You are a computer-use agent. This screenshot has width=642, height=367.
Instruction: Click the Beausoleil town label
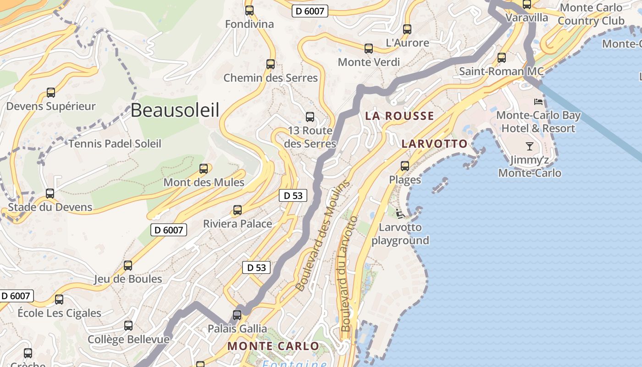pyautogui.click(x=175, y=110)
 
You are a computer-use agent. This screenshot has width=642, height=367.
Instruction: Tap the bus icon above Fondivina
pyautogui.click(x=249, y=11)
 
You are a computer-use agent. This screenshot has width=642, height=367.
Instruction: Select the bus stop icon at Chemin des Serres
pyautogui.click(x=271, y=64)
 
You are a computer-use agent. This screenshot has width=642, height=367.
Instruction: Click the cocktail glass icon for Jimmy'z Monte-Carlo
pyautogui.click(x=530, y=146)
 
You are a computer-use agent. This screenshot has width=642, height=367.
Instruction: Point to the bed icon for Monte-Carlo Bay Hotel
pyautogui.click(x=538, y=101)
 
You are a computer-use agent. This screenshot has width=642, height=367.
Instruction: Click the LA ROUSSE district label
pyautogui.click(x=399, y=116)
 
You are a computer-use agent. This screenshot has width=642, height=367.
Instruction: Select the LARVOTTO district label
pyautogui.click(x=434, y=144)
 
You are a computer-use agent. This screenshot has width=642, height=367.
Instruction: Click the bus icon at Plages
pyautogui.click(x=405, y=166)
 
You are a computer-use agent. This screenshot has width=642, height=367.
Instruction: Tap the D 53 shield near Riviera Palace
pyautogui.click(x=293, y=196)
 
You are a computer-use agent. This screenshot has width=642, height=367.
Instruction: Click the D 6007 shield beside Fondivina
pyautogui.click(x=310, y=11)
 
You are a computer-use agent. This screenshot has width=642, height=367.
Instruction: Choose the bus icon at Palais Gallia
pyautogui.click(x=237, y=315)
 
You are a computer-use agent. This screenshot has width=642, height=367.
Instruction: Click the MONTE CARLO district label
pyautogui.click(x=273, y=346)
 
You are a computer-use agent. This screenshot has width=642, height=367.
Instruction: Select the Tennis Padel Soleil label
pyautogui.click(x=115, y=144)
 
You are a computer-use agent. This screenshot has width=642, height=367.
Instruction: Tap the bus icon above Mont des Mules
pyautogui.click(x=204, y=169)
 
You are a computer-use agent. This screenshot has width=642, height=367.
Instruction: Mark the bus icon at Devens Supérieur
pyautogui.click(x=51, y=93)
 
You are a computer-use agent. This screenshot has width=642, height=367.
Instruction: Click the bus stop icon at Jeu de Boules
pyautogui.click(x=128, y=266)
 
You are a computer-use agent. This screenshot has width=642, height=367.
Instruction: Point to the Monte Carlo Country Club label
pyautogui.click(x=591, y=14)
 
